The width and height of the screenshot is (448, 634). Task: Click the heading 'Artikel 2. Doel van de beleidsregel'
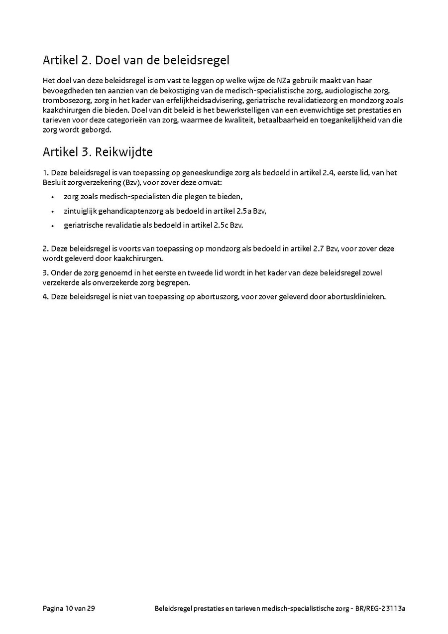(x=136, y=61)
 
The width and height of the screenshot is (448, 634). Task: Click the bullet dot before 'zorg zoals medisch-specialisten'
(x=52, y=197)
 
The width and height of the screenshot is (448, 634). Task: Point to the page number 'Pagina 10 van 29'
(x=69, y=608)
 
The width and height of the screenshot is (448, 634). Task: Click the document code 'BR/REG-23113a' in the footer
(x=380, y=608)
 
